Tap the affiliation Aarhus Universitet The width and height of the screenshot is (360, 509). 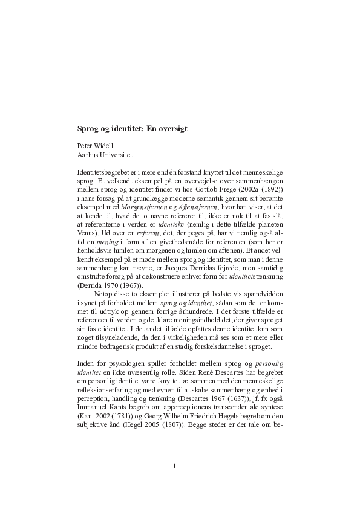(104, 155)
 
